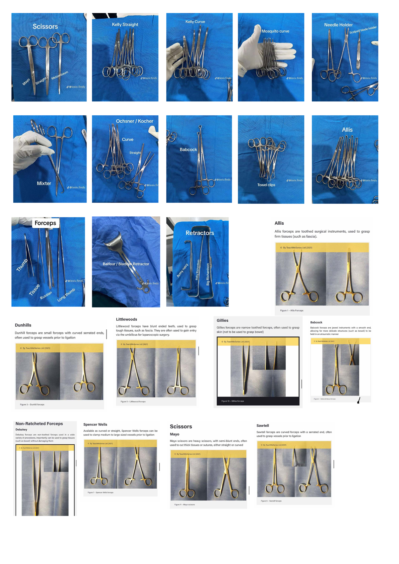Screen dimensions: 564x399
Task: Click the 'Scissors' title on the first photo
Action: coord(45,27)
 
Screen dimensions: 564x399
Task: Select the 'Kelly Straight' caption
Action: coord(125,25)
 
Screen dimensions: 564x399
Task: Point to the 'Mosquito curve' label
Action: coord(275,31)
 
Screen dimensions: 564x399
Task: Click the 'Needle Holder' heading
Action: coord(338,25)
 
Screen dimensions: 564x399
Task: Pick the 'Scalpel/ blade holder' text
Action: coord(363,30)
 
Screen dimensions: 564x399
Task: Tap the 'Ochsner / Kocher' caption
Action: coord(134,121)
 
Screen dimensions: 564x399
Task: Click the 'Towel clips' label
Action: coord(266,185)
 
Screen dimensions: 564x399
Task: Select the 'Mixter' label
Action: coord(44,183)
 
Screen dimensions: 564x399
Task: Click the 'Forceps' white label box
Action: coord(46,223)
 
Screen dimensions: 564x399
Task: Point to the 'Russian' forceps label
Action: coord(46,295)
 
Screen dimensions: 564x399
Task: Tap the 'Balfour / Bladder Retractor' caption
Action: coord(126,264)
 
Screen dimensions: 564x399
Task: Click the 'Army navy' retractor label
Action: coord(182,270)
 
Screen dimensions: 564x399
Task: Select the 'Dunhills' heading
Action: coord(23,325)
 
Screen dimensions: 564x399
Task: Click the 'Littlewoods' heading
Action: coord(126,319)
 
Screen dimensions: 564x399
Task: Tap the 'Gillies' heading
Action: coord(222,321)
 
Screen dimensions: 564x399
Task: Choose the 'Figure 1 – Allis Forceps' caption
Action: coord(292,310)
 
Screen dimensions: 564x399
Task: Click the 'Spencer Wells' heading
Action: coord(95,424)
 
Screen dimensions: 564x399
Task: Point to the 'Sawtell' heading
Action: coord(263,426)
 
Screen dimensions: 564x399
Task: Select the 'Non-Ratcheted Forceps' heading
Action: coord(39,424)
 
